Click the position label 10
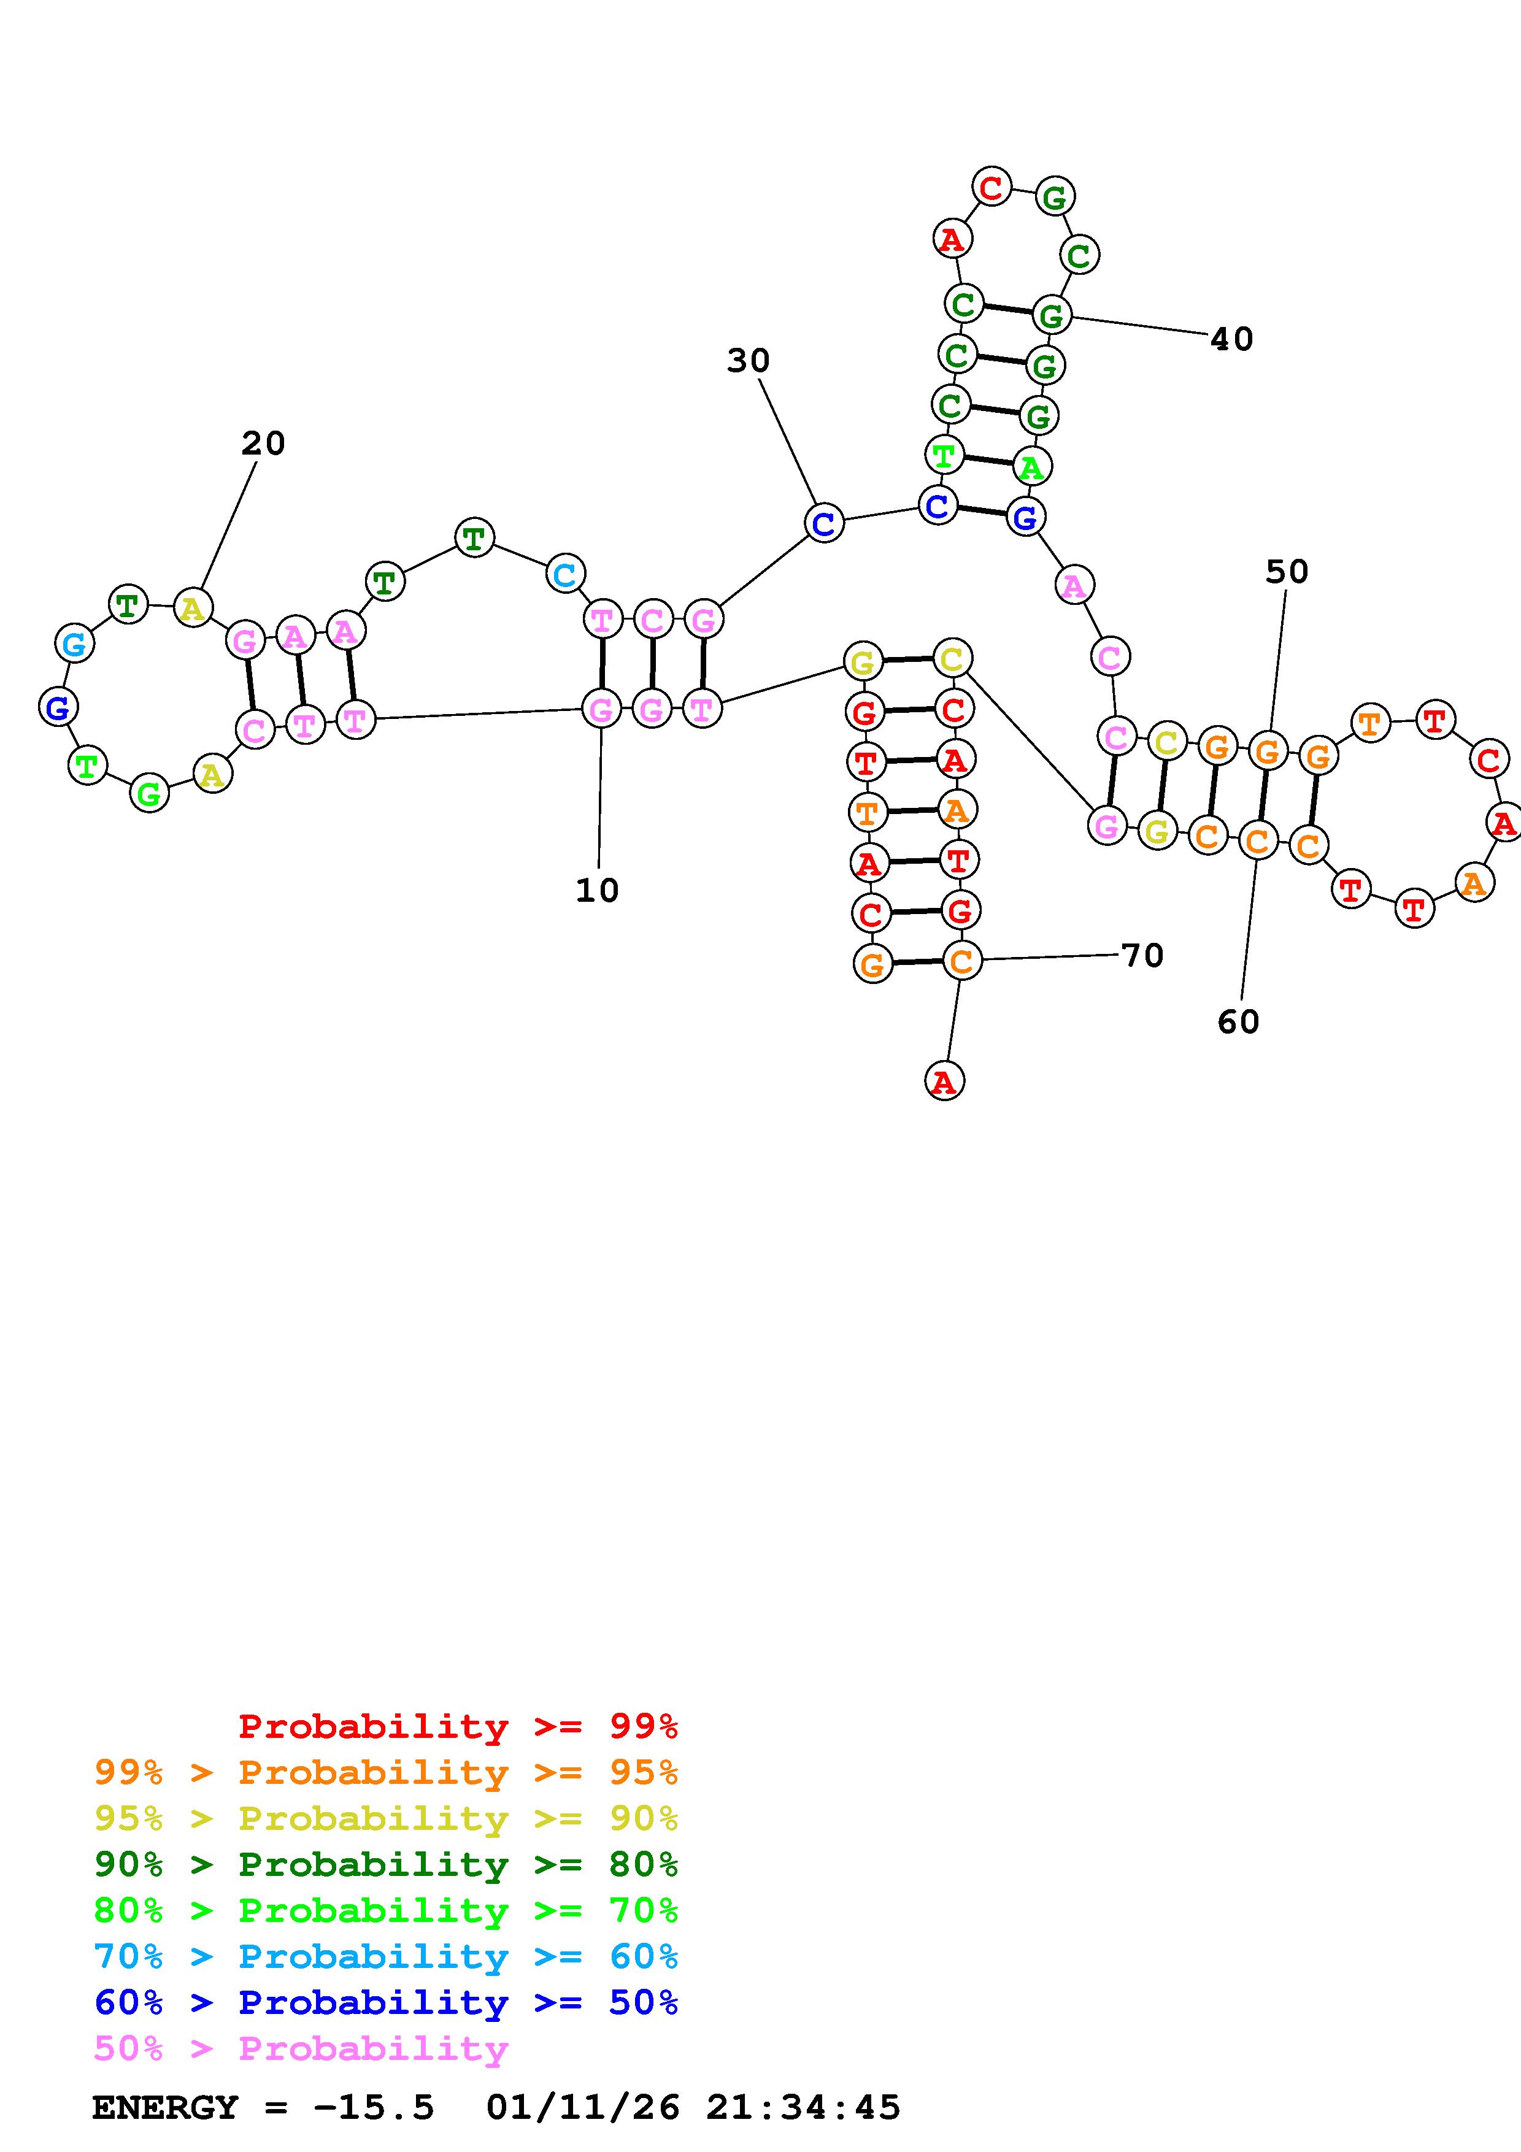(597, 890)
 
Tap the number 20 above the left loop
(263, 444)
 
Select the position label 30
(748, 361)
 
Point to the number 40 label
(1231, 339)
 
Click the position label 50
(1286, 572)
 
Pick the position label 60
(1238, 1021)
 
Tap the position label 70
(1142, 956)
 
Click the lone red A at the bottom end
(944, 1082)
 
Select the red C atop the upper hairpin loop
(990, 188)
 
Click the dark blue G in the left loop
(58, 707)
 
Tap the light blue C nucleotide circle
(565, 574)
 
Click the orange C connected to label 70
(961, 960)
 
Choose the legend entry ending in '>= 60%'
(386, 1956)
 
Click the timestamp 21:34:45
(803, 2108)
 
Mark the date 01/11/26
(583, 2108)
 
